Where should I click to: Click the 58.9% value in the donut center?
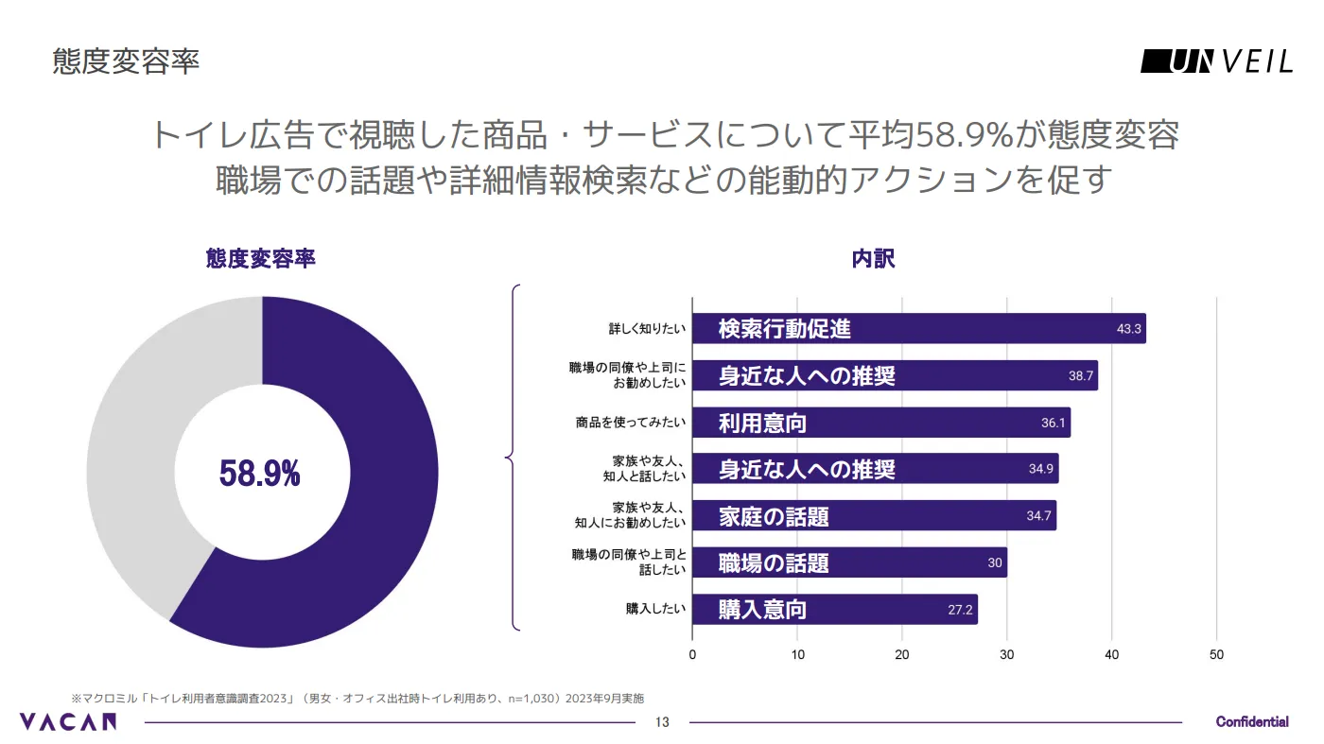click(259, 474)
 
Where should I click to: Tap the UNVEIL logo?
click(1216, 62)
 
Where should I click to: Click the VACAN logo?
click(68, 722)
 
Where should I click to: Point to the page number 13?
click(662, 723)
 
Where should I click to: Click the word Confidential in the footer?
click(1252, 722)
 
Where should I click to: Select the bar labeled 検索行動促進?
click(918, 329)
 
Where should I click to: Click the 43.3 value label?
click(1130, 330)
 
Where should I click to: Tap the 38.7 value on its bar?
click(1081, 376)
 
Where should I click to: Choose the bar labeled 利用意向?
click(880, 423)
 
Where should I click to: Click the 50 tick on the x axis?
click(1217, 655)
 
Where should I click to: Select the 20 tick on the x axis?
click(902, 655)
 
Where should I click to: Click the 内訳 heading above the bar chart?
click(873, 259)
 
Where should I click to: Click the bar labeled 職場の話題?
click(849, 563)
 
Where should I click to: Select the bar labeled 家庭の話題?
click(874, 516)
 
